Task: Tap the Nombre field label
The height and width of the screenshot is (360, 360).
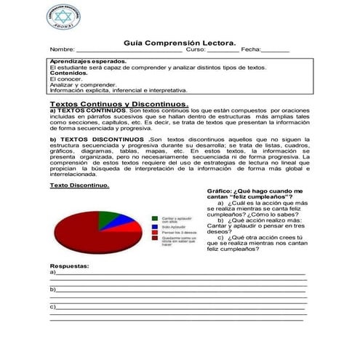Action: (x=63, y=50)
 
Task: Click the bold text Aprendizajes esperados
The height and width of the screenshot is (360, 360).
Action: (x=88, y=62)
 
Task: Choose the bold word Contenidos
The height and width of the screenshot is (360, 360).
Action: (x=69, y=73)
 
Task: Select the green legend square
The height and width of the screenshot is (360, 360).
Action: (x=155, y=217)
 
